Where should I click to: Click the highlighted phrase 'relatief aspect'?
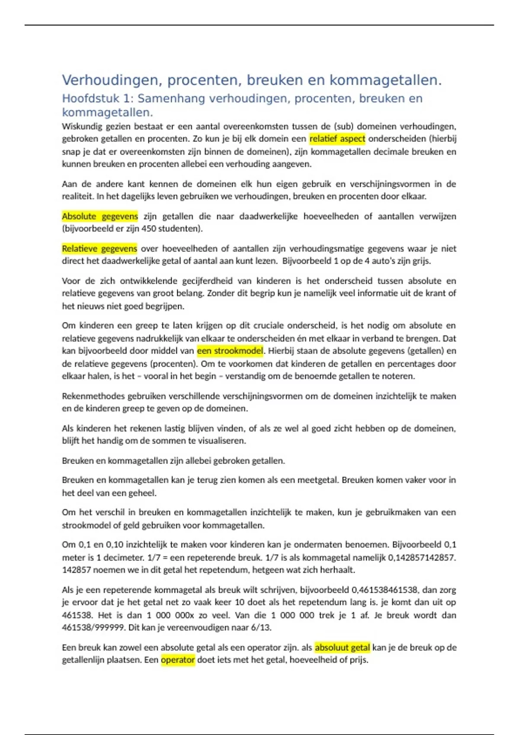click(337, 139)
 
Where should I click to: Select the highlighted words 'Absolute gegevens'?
click(99, 216)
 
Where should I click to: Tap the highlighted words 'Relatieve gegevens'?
click(99, 249)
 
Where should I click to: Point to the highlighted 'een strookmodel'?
click(230, 351)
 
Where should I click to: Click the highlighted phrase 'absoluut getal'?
click(342, 647)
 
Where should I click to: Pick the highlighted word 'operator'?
click(178, 660)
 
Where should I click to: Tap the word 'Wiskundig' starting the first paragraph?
click(82, 126)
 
